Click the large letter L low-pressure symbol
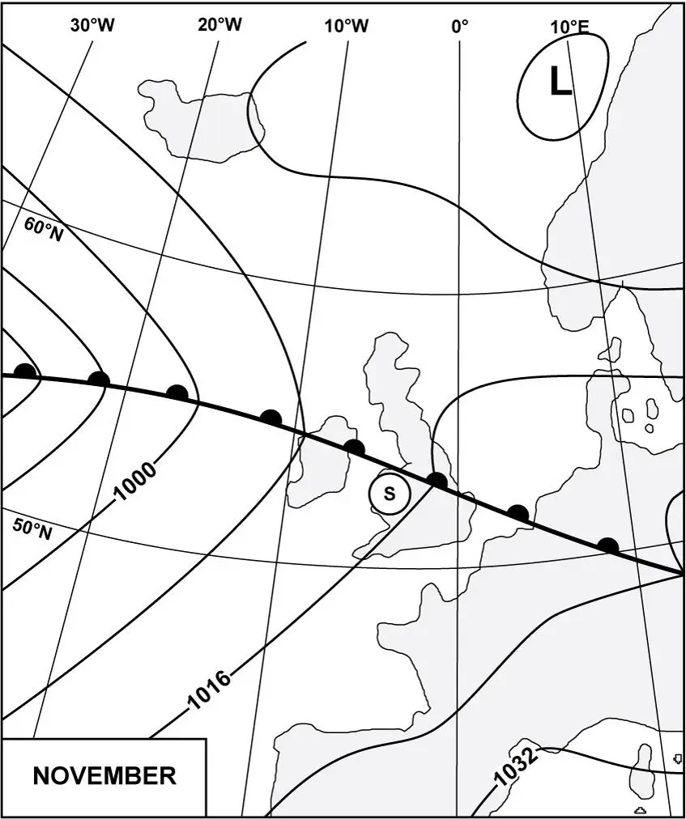pyautogui.click(x=560, y=82)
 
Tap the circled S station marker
pyautogui.click(x=390, y=493)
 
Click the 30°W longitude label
pyautogui.click(x=92, y=25)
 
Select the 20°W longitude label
pyautogui.click(x=219, y=25)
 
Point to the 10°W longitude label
pyautogui.click(x=347, y=26)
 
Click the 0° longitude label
pyautogui.click(x=460, y=26)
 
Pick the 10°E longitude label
pyautogui.click(x=569, y=26)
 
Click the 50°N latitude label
pyautogui.click(x=33, y=529)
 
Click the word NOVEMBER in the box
pyautogui.click(x=104, y=775)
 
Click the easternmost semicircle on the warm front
pyautogui.click(x=607, y=545)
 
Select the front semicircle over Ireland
pyautogui.click(x=354, y=446)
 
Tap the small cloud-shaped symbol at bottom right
pyautogui.click(x=640, y=809)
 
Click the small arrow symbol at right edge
pyautogui.click(x=677, y=759)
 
